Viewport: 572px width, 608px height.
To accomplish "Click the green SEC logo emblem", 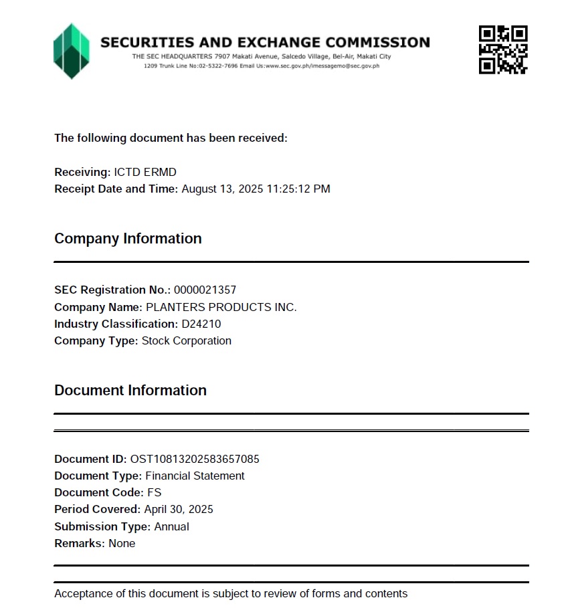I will (x=71, y=51).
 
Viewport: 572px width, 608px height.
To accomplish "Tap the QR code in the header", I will (x=503, y=49).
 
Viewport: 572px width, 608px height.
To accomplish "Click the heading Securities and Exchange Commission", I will (x=265, y=42).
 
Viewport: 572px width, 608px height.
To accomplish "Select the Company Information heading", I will (x=128, y=239).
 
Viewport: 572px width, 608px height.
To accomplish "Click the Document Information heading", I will (x=130, y=391).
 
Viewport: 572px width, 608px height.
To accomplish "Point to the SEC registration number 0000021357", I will (x=205, y=290).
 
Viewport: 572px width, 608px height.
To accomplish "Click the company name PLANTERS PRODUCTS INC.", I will (x=221, y=307).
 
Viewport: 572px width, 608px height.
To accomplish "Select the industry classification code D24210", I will (x=201, y=324).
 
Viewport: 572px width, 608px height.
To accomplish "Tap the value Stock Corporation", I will (x=186, y=341).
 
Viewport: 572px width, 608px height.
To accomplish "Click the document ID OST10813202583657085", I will (x=195, y=460).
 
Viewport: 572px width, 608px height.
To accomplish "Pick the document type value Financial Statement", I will (x=195, y=476).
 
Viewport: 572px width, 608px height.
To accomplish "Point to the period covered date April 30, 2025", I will (x=179, y=510).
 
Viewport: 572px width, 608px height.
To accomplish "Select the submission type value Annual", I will (x=171, y=527).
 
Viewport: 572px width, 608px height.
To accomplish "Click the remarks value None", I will (x=122, y=544).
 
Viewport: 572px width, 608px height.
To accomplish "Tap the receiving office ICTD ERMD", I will (x=145, y=173).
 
